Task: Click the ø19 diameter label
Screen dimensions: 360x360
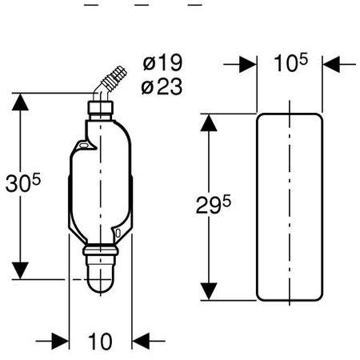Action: pos(162,62)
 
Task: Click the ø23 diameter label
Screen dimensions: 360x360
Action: pos(162,86)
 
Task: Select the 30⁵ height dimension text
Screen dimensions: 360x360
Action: pos(23,182)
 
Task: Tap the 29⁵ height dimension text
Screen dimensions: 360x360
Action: pos(214,204)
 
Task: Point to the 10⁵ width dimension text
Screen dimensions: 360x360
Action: pos(290,62)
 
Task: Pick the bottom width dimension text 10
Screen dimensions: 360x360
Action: pos(100,342)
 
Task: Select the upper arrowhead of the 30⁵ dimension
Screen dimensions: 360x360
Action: pos(20,102)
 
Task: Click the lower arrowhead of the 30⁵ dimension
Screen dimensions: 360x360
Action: pos(20,270)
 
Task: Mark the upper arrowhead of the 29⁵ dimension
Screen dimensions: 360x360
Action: pos(209,122)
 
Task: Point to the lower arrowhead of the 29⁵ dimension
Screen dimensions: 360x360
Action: pos(209,291)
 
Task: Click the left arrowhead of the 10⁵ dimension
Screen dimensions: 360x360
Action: pos(248,64)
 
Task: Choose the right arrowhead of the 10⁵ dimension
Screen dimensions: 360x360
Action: pos(331,64)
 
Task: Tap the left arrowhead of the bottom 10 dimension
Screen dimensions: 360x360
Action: pos(60,341)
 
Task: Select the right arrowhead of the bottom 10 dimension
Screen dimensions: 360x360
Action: pos(141,341)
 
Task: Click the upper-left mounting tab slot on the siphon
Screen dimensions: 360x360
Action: pos(83,146)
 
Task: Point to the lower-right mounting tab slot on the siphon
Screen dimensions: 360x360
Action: pos(118,233)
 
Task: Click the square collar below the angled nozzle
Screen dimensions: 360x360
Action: pos(101,107)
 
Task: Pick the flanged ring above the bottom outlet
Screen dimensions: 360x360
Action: pos(101,250)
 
